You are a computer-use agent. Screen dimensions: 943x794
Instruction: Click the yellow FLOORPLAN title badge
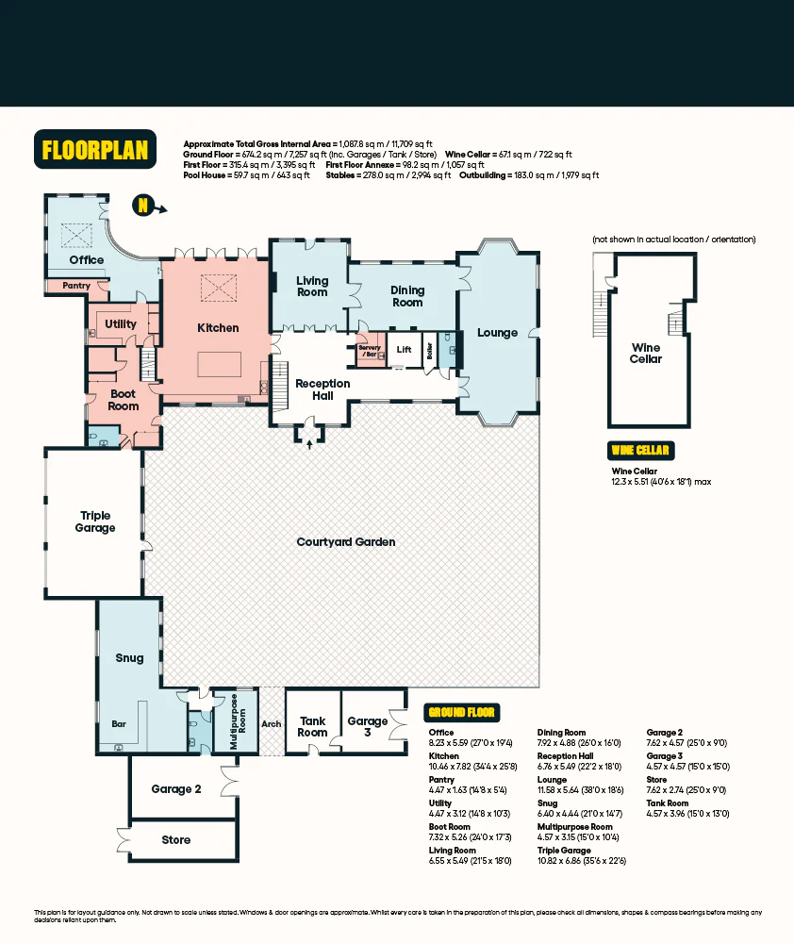point(95,149)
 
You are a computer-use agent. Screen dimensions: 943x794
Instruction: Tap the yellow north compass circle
point(142,205)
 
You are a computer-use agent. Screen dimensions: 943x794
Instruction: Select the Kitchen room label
point(218,328)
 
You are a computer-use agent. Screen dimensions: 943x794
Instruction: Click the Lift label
point(404,350)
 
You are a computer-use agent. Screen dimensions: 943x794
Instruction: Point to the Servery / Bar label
point(369,351)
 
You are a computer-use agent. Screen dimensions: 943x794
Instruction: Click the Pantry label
point(76,285)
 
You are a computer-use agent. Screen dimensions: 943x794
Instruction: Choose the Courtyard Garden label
point(345,542)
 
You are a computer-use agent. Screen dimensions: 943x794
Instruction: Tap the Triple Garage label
point(95,521)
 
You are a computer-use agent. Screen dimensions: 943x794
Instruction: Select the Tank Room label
point(312,727)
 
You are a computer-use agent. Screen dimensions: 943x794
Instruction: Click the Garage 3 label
point(368,727)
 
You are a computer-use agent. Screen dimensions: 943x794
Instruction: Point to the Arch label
point(272,724)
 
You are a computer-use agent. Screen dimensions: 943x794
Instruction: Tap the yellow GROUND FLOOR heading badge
point(462,713)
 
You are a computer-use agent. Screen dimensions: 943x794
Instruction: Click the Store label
point(176,839)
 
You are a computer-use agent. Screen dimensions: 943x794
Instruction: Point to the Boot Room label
point(124,400)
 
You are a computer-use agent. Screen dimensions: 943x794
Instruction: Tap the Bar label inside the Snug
point(119,725)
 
